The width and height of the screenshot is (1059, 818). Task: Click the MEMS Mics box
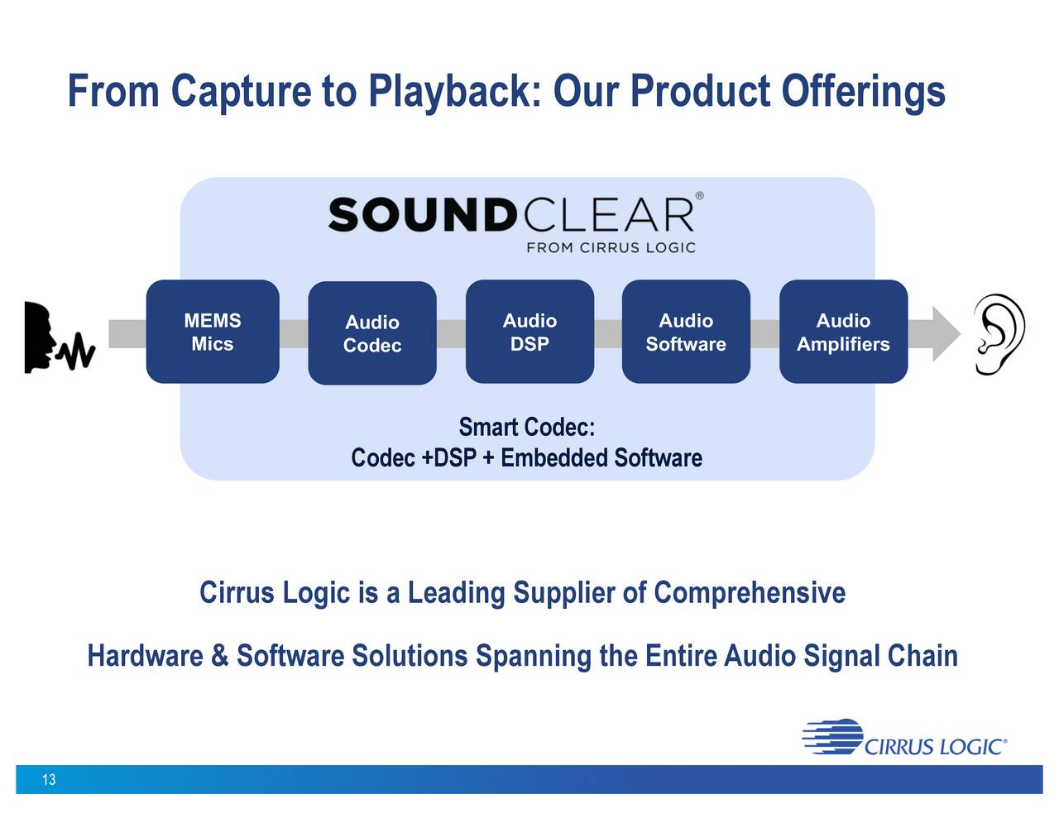click(213, 332)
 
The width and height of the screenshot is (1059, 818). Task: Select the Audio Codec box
click(372, 333)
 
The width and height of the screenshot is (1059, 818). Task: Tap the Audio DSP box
click(529, 332)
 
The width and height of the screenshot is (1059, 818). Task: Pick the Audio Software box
click(686, 332)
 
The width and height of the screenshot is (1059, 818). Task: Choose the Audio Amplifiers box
click(843, 332)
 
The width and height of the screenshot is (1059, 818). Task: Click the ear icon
click(999, 334)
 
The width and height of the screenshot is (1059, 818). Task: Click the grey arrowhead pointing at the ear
click(946, 333)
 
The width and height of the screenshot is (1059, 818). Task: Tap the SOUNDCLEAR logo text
click(510, 215)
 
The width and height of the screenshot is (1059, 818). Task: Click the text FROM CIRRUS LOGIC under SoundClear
click(611, 247)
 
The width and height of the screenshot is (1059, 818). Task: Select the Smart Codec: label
click(526, 427)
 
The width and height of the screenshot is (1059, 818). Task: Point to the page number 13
click(49, 779)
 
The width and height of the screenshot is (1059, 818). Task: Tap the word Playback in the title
click(454, 91)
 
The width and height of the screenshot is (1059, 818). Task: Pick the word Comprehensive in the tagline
click(749, 593)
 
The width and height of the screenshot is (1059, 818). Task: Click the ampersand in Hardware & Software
click(219, 656)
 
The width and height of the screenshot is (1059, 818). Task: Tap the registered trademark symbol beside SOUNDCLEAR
click(699, 196)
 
